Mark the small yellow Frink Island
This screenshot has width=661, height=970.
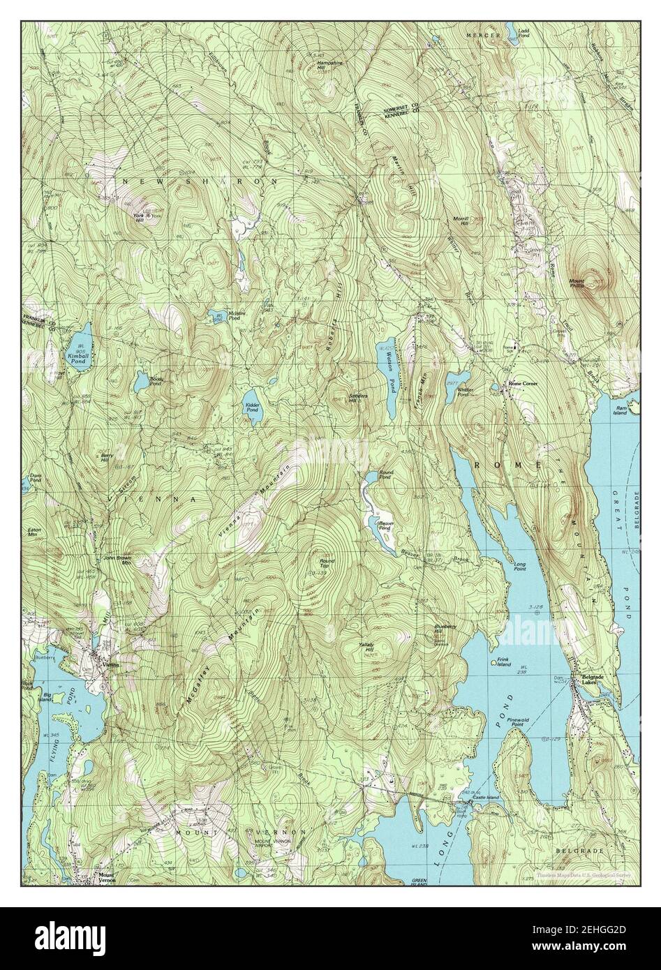click(494, 662)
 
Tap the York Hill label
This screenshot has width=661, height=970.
click(138, 216)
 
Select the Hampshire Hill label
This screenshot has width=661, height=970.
click(329, 66)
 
